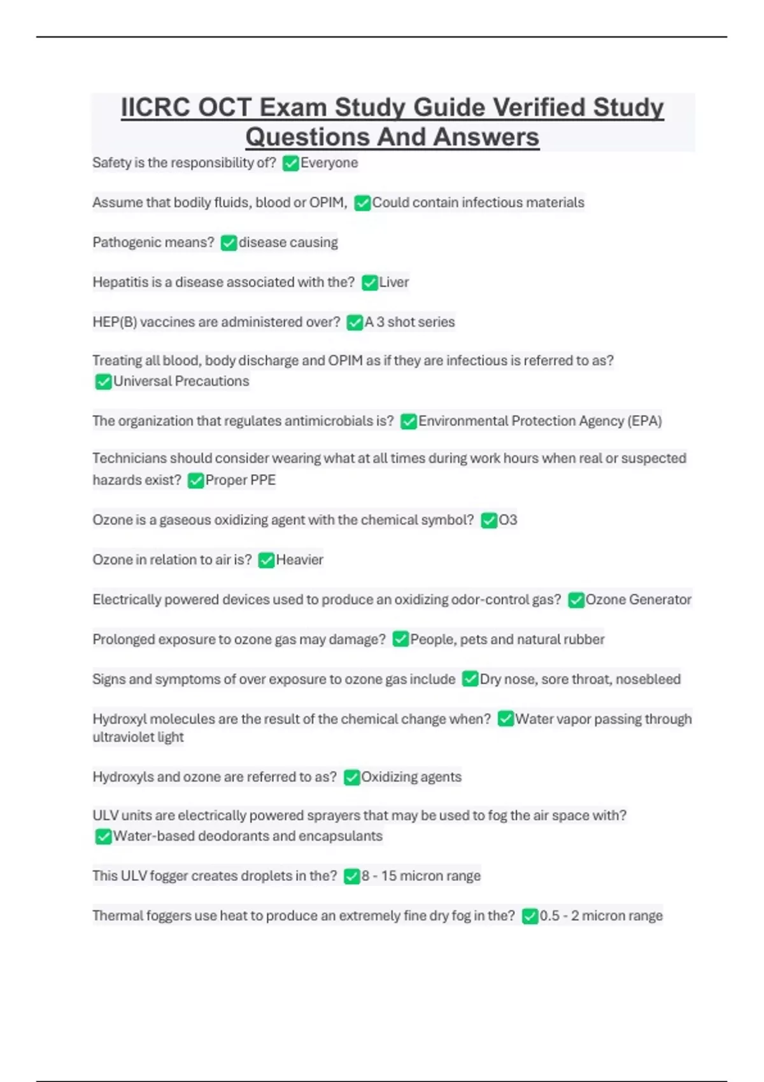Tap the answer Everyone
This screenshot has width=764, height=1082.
click(x=329, y=163)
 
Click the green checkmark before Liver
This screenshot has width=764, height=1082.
click(x=369, y=283)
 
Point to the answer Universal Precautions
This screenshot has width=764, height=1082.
click(x=181, y=381)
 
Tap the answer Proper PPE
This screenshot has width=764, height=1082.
click(x=240, y=481)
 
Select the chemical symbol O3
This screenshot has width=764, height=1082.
click(x=508, y=521)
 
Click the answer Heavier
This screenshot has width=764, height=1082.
click(x=299, y=560)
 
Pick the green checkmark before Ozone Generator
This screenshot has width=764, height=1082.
click(x=576, y=600)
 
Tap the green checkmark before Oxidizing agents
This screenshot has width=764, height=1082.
click(x=351, y=777)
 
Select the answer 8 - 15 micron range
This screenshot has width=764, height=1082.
click(x=421, y=876)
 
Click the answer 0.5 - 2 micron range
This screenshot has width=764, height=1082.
click(x=601, y=916)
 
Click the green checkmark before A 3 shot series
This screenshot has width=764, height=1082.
click(x=355, y=323)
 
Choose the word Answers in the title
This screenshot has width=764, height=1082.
click(x=486, y=137)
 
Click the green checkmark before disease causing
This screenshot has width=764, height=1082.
click(x=229, y=243)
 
